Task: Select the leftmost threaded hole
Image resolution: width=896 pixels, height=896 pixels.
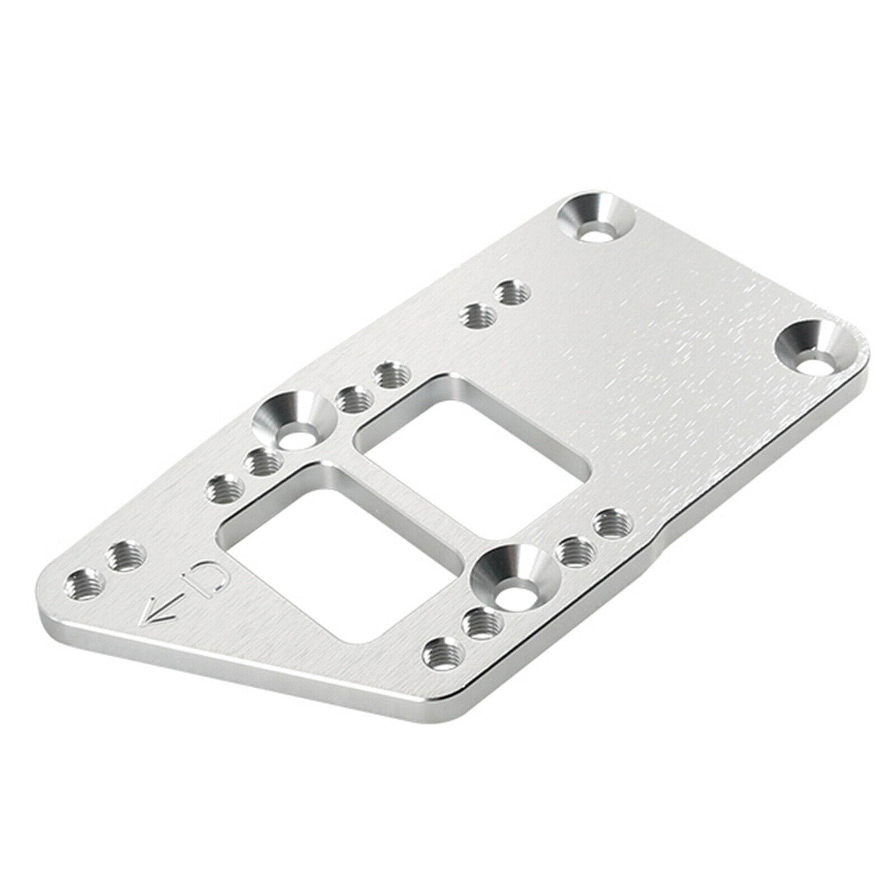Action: coord(85,586)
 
